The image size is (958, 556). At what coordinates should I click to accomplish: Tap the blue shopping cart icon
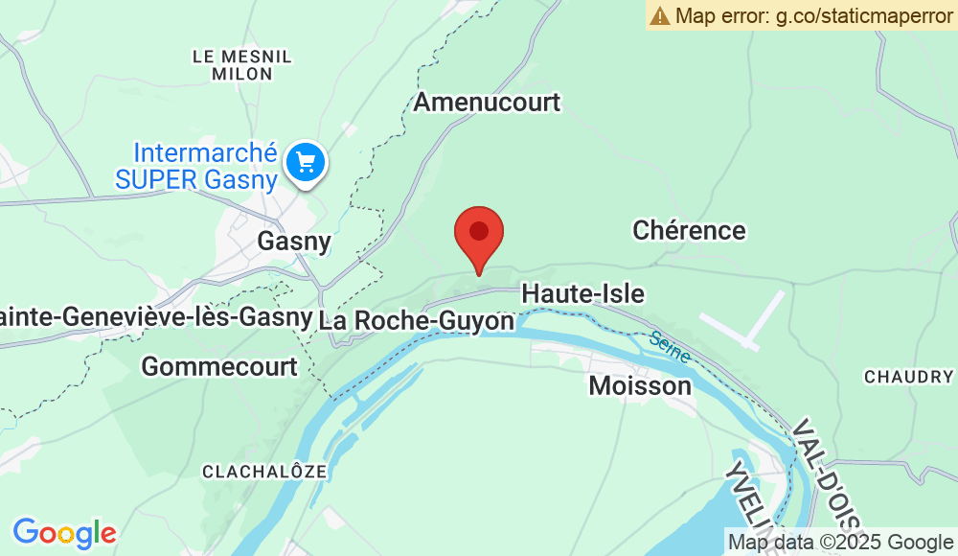click(307, 161)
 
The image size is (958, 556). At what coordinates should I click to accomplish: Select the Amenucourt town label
click(487, 103)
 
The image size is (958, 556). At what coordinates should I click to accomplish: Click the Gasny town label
click(294, 242)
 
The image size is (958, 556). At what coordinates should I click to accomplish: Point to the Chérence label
click(689, 230)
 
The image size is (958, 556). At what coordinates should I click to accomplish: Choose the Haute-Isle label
click(582, 293)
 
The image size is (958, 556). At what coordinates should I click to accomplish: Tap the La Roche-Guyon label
click(417, 320)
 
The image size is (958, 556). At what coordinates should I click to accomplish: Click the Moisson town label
click(639, 385)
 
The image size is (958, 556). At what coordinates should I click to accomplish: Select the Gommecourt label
click(219, 366)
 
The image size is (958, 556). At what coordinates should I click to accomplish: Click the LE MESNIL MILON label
click(242, 65)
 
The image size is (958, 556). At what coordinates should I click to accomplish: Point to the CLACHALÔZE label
click(265, 472)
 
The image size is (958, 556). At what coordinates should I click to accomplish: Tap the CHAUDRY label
click(908, 377)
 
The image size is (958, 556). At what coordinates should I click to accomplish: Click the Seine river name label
click(669, 347)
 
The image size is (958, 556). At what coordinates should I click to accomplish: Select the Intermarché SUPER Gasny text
click(207, 166)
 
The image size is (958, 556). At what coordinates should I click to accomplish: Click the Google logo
click(64, 533)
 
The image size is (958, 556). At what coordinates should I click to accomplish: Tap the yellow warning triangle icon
click(659, 15)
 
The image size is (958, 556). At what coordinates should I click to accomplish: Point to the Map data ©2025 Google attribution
click(840, 543)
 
